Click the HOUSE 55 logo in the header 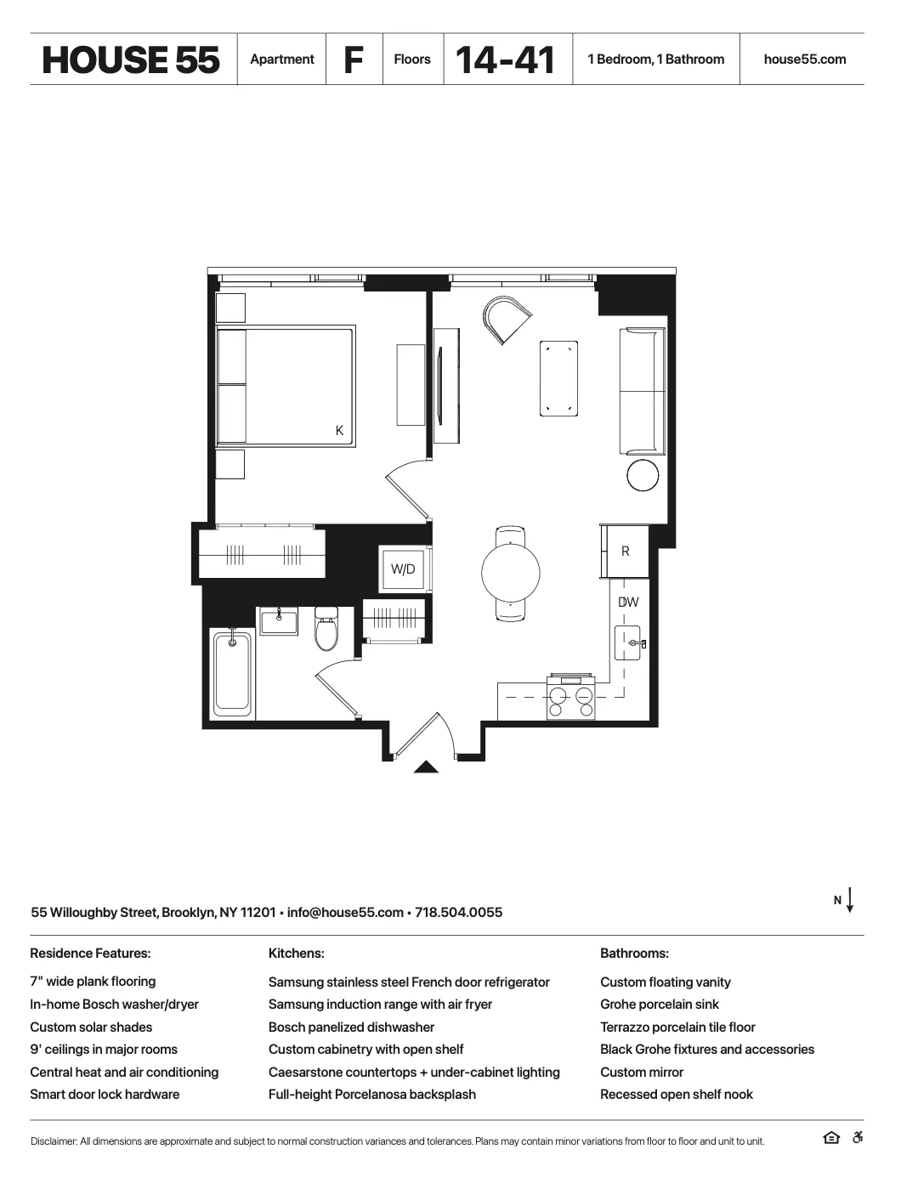click(131, 59)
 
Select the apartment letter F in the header click(354, 59)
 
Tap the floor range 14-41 click(506, 59)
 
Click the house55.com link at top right click(804, 59)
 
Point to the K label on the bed click(339, 431)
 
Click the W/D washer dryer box click(403, 569)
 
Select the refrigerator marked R click(626, 552)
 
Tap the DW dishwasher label click(628, 603)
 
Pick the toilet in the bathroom click(326, 630)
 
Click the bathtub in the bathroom click(232, 673)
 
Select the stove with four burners click(570, 698)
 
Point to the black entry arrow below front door click(426, 767)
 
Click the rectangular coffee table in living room click(558, 378)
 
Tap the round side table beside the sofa click(643, 475)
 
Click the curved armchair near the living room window click(506, 319)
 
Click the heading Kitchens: click(296, 954)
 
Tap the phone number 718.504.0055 click(458, 913)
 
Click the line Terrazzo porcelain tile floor click(677, 1027)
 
